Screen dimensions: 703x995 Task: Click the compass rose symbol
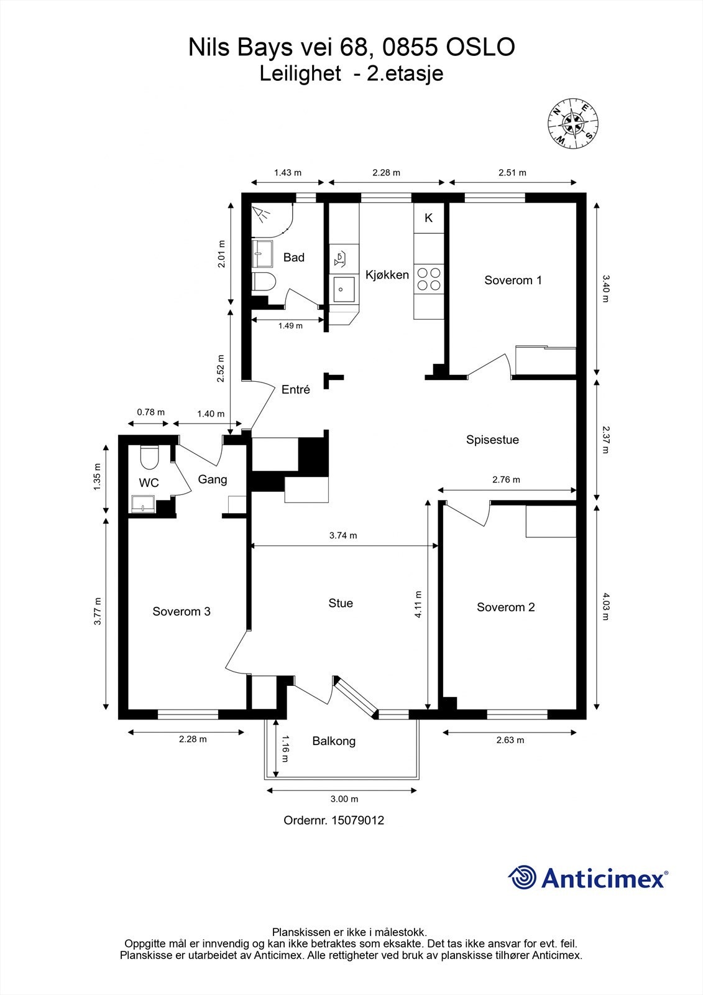[x=572, y=124]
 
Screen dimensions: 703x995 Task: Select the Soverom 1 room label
[x=513, y=280]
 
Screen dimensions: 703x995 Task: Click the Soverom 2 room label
[x=506, y=607]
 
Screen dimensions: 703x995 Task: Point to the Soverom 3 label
[x=181, y=611]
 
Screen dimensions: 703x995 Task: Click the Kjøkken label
[x=387, y=275]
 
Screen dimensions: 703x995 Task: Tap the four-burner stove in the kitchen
[x=429, y=279]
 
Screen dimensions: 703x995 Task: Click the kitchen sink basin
[x=344, y=289]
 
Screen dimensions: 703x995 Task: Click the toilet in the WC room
[x=149, y=457]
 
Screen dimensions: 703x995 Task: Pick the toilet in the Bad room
[x=264, y=282]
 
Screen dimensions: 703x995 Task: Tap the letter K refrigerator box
[x=428, y=218]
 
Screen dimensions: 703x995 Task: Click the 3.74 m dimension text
[x=343, y=535]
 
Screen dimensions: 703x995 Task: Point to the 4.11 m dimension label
[x=418, y=604]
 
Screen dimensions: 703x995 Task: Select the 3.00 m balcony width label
[x=344, y=798]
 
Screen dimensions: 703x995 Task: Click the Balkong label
[x=334, y=741]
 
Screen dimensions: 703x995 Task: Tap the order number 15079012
[x=358, y=820]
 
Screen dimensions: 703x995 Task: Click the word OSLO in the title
[x=480, y=47]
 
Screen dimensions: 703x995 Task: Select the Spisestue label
[x=492, y=440]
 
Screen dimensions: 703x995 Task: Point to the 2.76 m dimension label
[x=506, y=479]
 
